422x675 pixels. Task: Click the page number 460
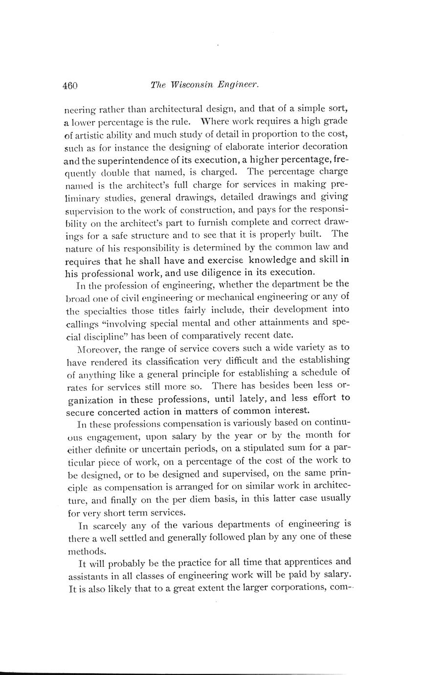click(70, 86)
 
